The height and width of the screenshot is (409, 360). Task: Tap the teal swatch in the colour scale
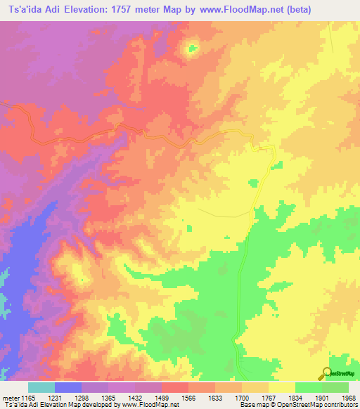click(x=41, y=387)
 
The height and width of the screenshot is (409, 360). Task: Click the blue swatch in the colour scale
click(x=68, y=387)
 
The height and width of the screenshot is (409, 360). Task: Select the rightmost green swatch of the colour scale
click(x=335, y=387)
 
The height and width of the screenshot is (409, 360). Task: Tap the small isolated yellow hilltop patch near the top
click(x=191, y=48)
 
